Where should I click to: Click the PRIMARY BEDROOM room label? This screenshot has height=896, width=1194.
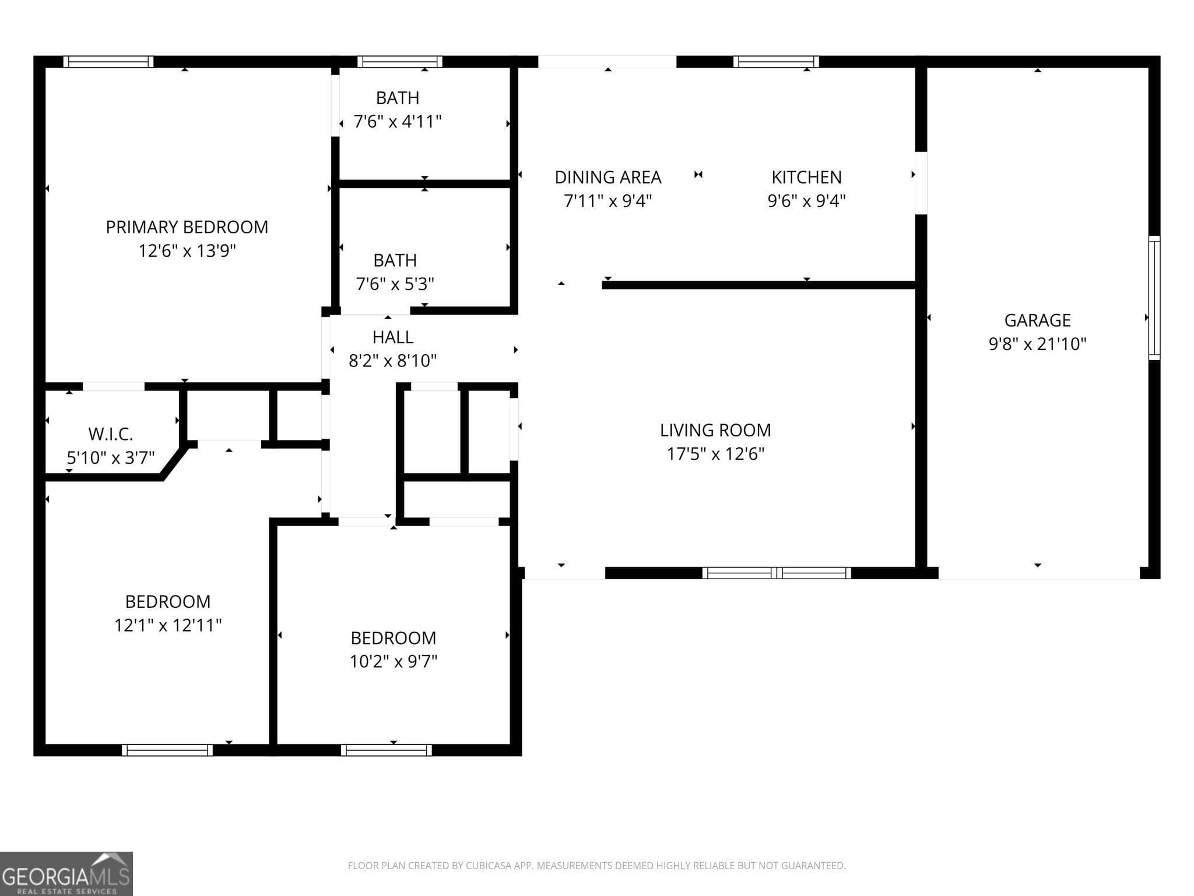pyautogui.click(x=187, y=227)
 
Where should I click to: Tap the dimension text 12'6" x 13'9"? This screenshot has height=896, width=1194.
pyautogui.click(x=187, y=251)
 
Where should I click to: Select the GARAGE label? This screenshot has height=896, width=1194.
pyautogui.click(x=1037, y=320)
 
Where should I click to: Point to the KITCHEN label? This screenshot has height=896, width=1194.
pyautogui.click(x=806, y=177)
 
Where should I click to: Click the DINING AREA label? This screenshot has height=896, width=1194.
pyautogui.click(x=607, y=177)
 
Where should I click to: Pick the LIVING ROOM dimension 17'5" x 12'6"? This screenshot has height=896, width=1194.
pyautogui.click(x=715, y=454)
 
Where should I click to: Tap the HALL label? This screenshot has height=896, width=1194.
pyautogui.click(x=392, y=337)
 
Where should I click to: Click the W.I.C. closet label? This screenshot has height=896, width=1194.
pyautogui.click(x=110, y=434)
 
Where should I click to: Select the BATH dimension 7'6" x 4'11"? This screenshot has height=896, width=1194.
pyautogui.click(x=398, y=122)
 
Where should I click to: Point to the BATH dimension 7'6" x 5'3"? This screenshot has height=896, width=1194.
pyautogui.click(x=395, y=284)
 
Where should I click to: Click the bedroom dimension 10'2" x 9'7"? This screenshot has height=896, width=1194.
pyautogui.click(x=393, y=661)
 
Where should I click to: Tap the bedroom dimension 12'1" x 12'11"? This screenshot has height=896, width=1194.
pyautogui.click(x=167, y=625)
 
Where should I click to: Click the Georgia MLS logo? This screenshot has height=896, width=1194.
pyautogui.click(x=66, y=874)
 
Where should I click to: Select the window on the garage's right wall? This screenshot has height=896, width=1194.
pyautogui.click(x=1154, y=297)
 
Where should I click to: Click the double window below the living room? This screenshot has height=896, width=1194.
pyautogui.click(x=776, y=573)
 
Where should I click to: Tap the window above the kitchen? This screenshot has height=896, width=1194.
pyautogui.click(x=775, y=62)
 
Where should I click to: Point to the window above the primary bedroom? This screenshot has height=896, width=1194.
pyautogui.click(x=108, y=62)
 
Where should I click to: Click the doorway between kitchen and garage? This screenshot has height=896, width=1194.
pyautogui.click(x=921, y=183)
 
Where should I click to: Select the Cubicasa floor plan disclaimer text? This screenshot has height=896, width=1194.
pyautogui.click(x=596, y=866)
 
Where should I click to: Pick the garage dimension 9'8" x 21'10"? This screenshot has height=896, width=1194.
pyautogui.click(x=1037, y=344)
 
